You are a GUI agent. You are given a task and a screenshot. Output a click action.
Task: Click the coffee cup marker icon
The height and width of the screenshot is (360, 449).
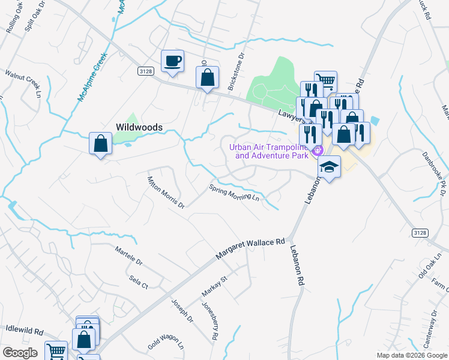pyautogui.click(x=172, y=61)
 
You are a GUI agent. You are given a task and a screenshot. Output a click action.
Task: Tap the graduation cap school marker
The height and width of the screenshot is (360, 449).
pyautogui.click(x=329, y=167)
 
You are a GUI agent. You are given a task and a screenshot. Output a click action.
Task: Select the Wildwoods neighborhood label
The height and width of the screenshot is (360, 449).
pyautogui.click(x=139, y=127)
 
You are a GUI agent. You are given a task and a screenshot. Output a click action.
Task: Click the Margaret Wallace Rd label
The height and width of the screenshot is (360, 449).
pyautogui.click(x=250, y=248)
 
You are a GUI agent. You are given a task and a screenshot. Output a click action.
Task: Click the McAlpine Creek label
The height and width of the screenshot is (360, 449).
pyautogui.click(x=91, y=76)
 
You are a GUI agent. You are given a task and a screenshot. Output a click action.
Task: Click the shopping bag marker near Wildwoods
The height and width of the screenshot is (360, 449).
pyautogui.click(x=100, y=144)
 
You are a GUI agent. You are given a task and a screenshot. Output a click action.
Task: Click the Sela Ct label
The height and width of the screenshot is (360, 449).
pyautogui.click(x=138, y=283)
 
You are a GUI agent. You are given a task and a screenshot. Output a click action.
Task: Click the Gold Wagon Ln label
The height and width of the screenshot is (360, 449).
pyautogui.click(x=166, y=343)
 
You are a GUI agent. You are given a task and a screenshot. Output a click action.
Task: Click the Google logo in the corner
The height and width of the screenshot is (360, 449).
pyautogui.click(x=20, y=352)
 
